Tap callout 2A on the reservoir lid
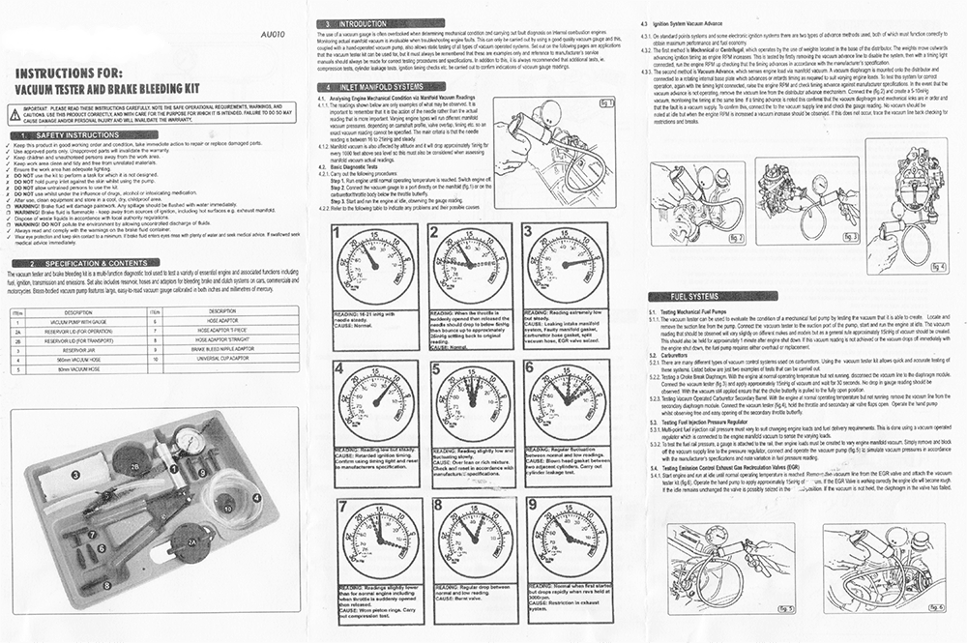pos(191,543)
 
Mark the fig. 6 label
pos(933,606)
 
